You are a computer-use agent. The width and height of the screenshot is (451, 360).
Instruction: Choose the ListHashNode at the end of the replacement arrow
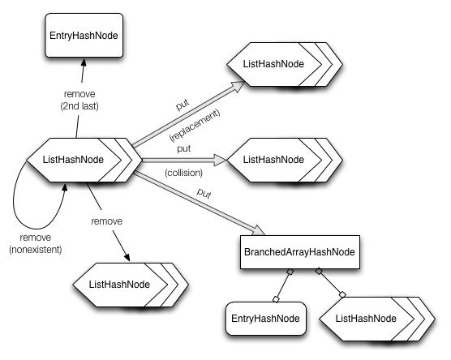tap(275, 63)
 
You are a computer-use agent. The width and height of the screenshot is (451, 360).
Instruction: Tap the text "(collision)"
tap(183, 172)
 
